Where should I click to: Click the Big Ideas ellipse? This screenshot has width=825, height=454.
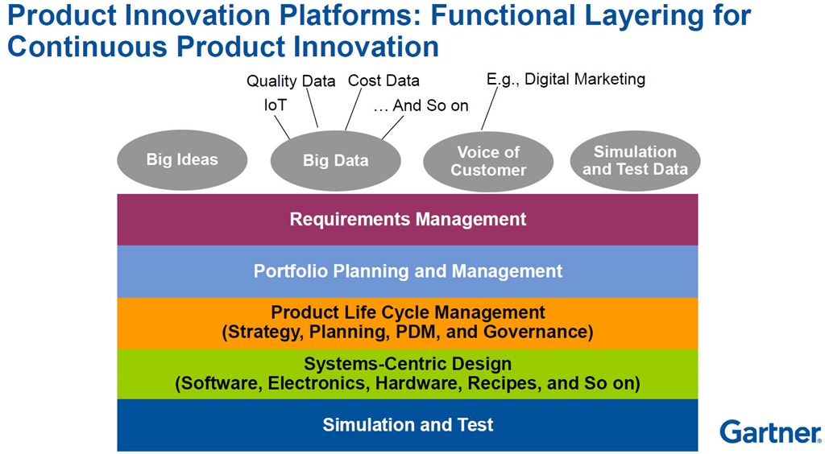pos(182,159)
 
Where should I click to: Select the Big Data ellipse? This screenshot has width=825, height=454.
pos(335,161)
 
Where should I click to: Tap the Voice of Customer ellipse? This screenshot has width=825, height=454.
pos(488,161)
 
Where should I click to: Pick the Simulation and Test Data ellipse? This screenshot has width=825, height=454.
pos(635,160)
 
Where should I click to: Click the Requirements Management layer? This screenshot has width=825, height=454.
pos(408,219)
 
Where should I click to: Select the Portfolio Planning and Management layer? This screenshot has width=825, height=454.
pos(408,271)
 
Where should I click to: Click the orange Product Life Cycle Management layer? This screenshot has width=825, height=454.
pos(408,322)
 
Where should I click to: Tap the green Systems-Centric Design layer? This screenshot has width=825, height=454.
pos(408,374)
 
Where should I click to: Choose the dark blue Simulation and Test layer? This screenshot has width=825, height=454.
pos(408,424)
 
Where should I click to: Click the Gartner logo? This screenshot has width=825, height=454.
pos(769,431)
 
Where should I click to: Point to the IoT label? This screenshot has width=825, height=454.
pos(275,105)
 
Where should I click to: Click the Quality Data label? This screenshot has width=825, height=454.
pos(291,80)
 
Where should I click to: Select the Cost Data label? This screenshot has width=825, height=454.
pos(383,80)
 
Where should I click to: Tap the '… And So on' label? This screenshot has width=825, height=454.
pos(421,105)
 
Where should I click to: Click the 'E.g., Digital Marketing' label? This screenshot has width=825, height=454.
pos(566,79)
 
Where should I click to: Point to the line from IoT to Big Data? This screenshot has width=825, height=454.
pos(283,126)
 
